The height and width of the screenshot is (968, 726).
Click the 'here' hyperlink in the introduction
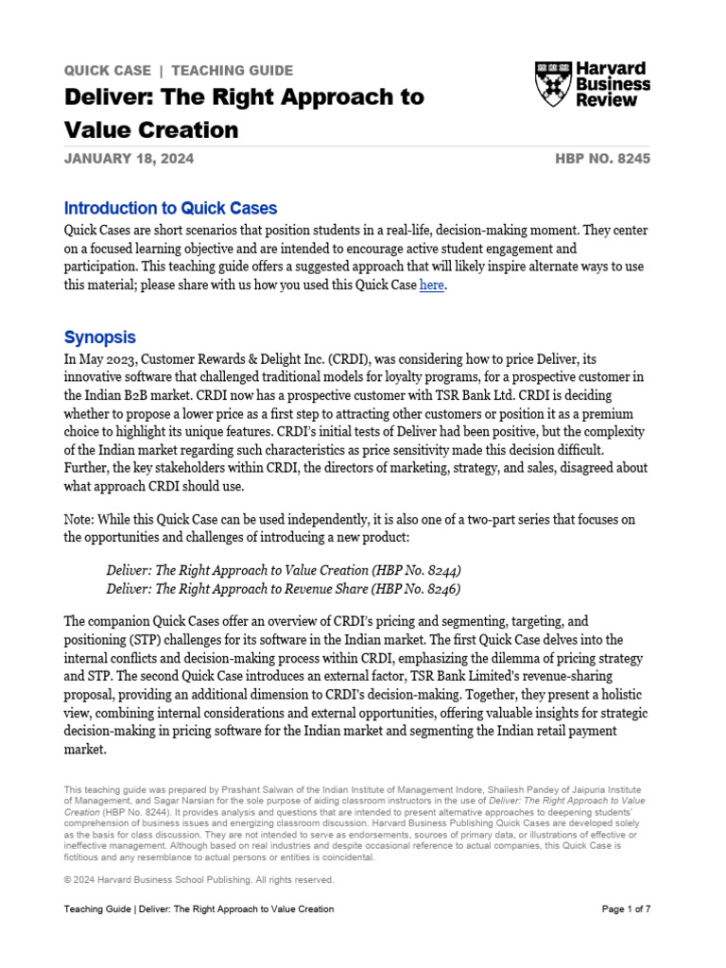tap(431, 285)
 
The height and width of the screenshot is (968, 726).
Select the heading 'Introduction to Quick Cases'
tap(170, 208)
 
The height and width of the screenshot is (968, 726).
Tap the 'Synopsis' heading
tap(99, 337)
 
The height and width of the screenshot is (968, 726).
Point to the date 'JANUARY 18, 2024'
tap(129, 159)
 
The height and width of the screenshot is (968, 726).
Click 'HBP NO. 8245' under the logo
tap(603, 159)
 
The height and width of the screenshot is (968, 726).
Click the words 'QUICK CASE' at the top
tap(106, 70)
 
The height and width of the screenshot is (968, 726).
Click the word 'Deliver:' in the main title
tap(103, 96)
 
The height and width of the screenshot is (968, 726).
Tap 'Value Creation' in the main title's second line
tap(151, 129)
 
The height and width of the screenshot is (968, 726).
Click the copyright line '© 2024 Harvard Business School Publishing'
tap(199, 879)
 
